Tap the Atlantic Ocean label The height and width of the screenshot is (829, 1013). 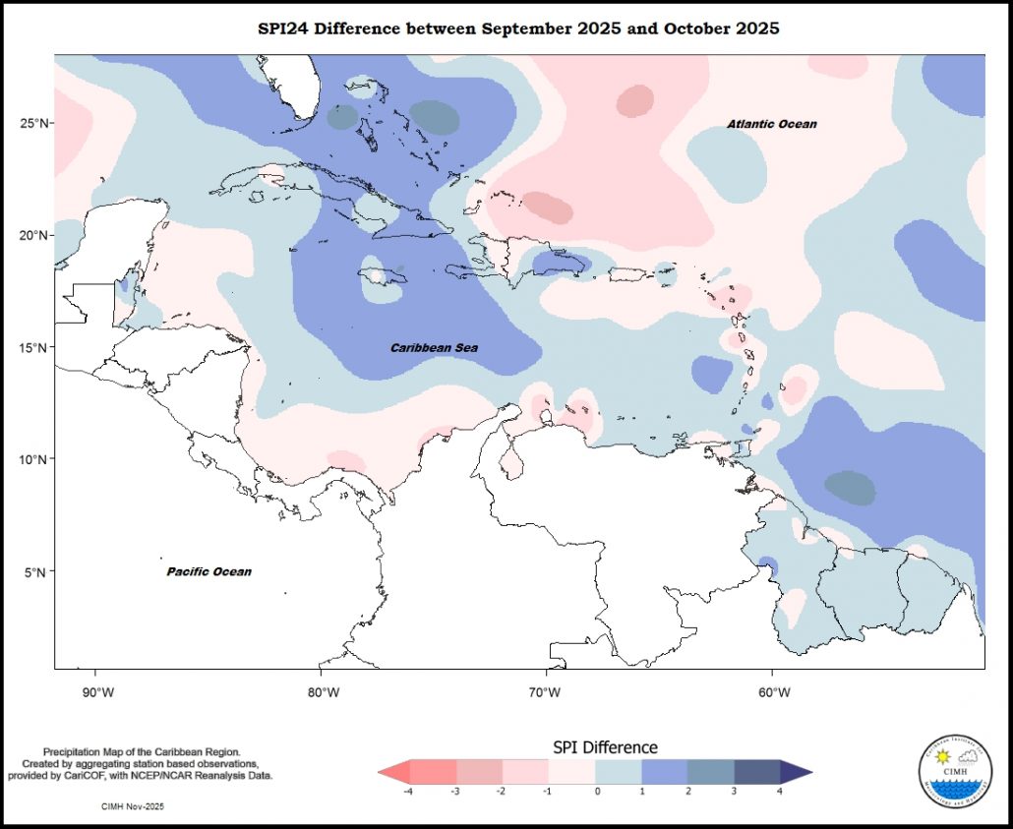click(x=771, y=124)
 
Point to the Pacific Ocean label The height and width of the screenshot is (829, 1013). click(x=209, y=571)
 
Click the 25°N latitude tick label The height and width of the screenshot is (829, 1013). click(x=34, y=123)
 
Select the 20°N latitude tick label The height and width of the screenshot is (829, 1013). click(x=34, y=235)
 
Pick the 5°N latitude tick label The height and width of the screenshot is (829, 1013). click(x=38, y=571)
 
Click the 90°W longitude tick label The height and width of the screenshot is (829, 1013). click(x=95, y=691)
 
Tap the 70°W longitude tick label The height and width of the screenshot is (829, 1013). click(x=545, y=691)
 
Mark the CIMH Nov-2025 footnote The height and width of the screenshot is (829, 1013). click(x=133, y=805)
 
